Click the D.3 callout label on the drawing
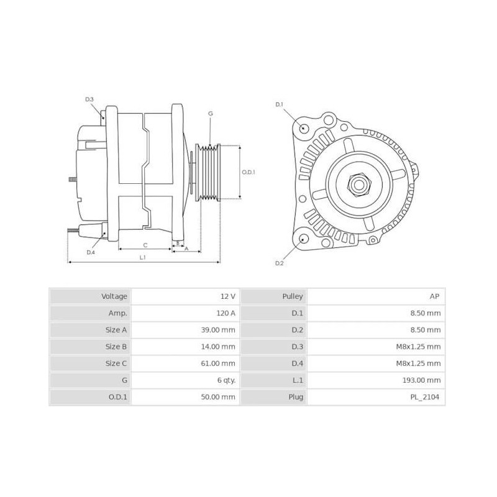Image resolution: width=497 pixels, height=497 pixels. (89, 99)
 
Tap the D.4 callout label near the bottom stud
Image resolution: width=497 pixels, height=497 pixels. (91, 252)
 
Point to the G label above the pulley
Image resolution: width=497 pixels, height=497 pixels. (211, 114)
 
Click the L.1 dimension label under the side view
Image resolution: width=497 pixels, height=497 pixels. (142, 257)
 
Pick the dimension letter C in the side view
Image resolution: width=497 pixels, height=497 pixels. (145, 245)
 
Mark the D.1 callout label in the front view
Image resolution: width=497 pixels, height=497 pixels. (279, 104)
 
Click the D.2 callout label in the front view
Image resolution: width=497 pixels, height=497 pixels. (279, 263)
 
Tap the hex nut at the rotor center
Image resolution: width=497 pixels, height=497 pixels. (358, 183)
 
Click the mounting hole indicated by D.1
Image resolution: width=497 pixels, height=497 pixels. (304, 129)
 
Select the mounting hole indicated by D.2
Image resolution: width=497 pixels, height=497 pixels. (304, 239)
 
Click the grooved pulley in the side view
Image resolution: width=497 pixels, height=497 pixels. (208, 173)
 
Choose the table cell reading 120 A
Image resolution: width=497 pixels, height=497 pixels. (224, 313)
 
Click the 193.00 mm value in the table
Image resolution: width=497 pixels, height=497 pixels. (425, 380)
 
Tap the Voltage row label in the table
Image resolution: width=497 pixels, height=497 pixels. (114, 296)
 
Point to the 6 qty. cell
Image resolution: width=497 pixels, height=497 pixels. (224, 380)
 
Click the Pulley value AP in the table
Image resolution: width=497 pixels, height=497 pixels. (435, 296)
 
